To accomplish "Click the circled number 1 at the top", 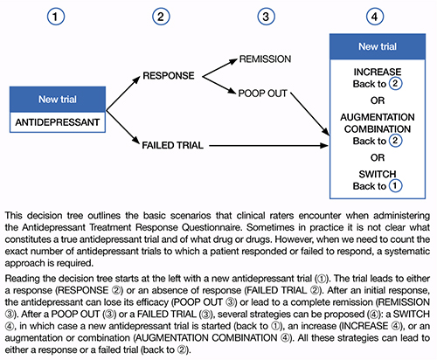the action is [x=56, y=17].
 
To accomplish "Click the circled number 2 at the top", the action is [x=161, y=17].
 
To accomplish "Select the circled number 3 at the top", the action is [x=266, y=17].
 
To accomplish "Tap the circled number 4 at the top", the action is [x=375, y=17].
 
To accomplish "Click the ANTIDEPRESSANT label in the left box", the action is [x=58, y=122].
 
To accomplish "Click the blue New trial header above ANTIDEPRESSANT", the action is [x=58, y=100].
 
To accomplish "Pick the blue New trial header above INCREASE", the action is [x=378, y=46].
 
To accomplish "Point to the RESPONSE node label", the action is [x=169, y=76].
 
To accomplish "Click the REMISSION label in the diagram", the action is [x=265, y=59].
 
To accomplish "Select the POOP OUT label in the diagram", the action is [x=262, y=93].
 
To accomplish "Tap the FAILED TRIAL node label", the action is [x=172, y=145].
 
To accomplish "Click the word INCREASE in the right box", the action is [x=378, y=72].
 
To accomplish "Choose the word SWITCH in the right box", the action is [x=378, y=174].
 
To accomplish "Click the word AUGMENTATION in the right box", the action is [x=378, y=117].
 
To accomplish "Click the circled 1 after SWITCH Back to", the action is [x=395, y=185].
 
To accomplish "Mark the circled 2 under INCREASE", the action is [x=395, y=84].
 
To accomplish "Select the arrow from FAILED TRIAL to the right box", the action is [x=269, y=145].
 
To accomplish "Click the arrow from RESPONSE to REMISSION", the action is [x=220, y=67].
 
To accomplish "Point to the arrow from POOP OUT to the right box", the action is [x=310, y=114].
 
